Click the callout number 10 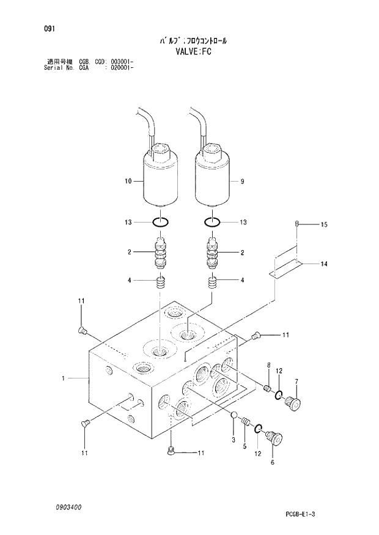pos(128,181)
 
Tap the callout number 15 pos(324,225)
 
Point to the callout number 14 pos(324,264)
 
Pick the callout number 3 pos(234,440)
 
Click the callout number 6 pos(272,463)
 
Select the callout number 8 pos(268,365)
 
